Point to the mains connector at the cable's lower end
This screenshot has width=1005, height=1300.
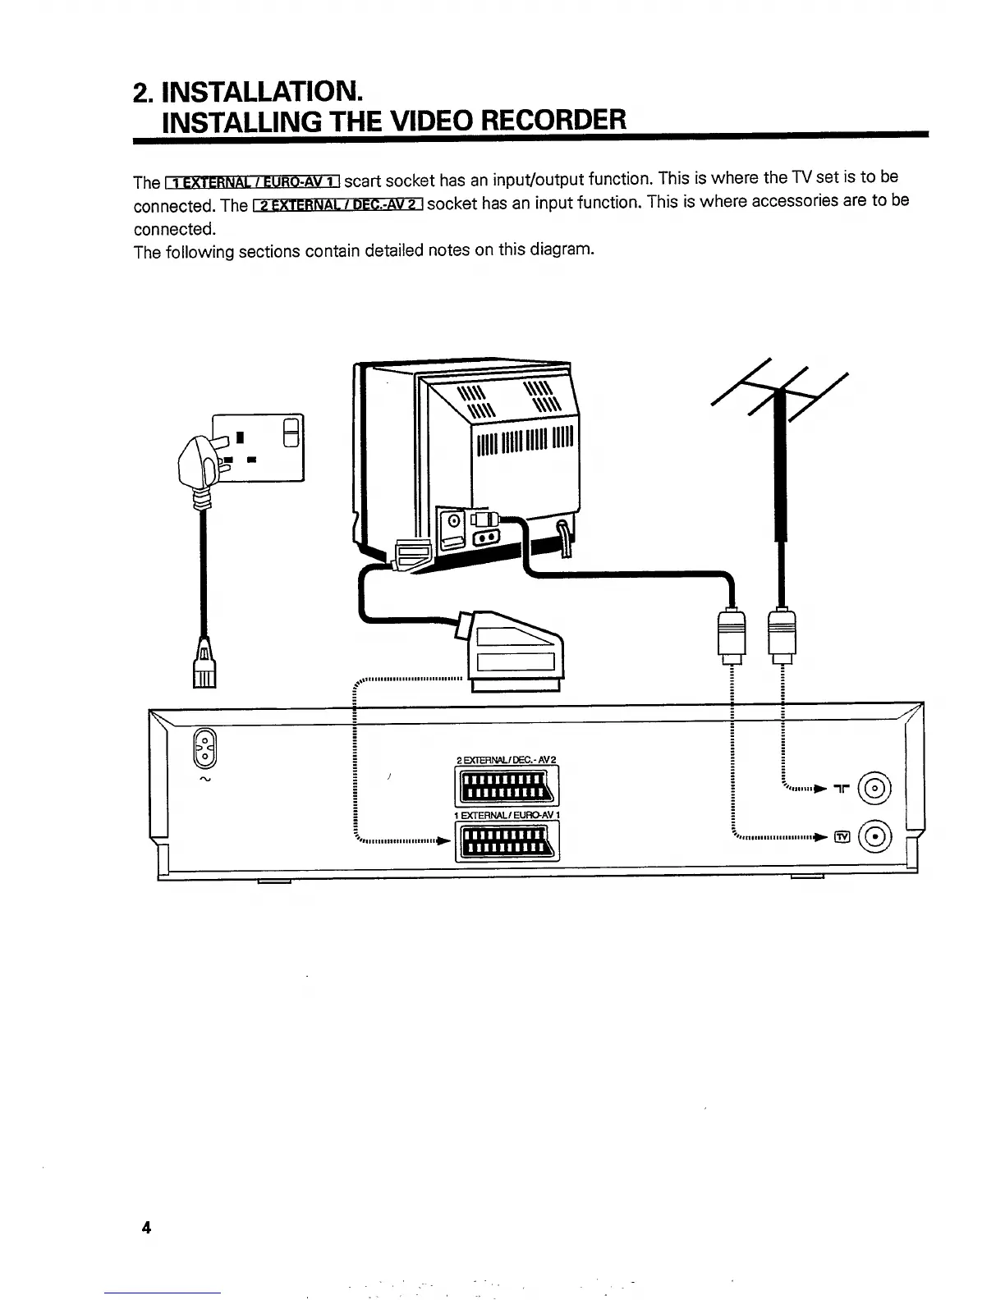203,664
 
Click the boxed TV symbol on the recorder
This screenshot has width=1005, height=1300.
841,837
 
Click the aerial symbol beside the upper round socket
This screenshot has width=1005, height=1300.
841,789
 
